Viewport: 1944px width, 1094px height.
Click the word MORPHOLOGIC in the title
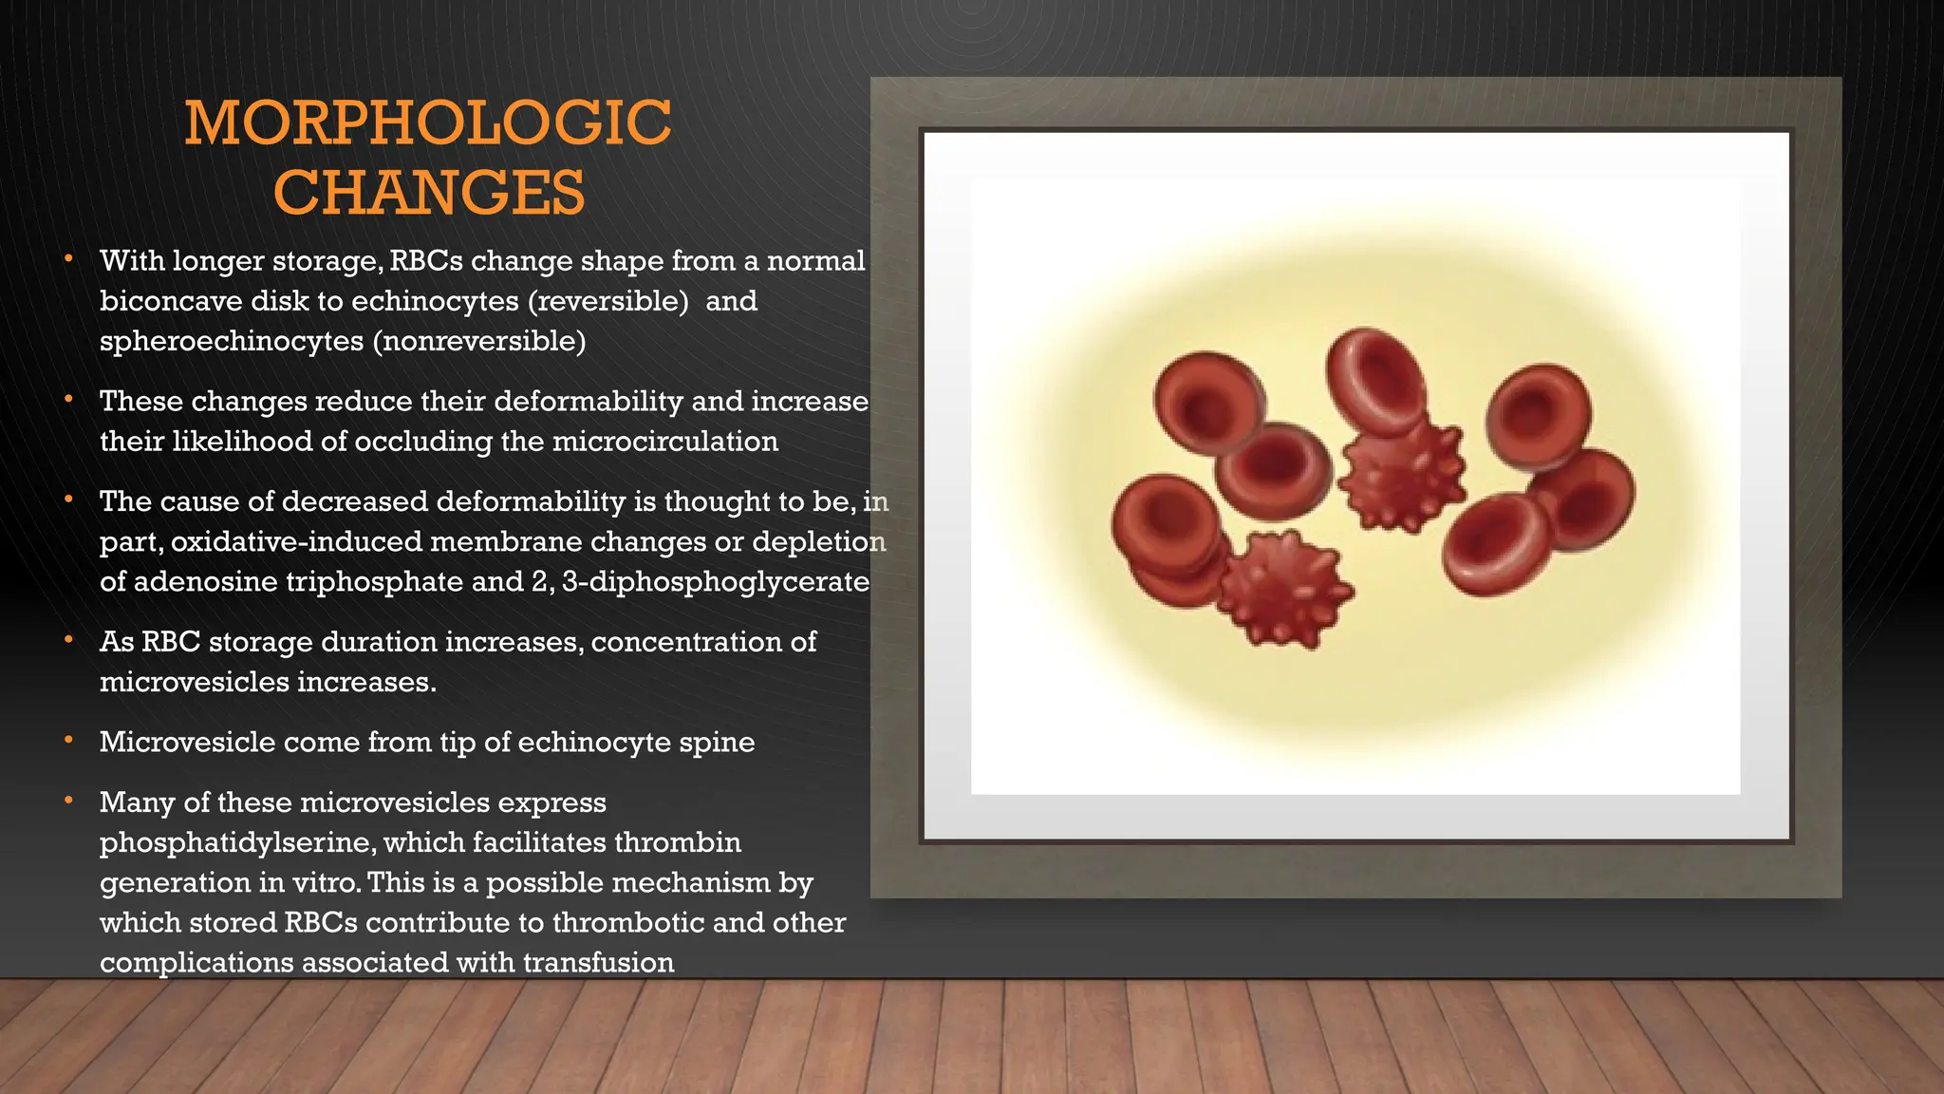point(428,123)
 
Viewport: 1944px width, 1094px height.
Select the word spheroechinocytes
point(231,341)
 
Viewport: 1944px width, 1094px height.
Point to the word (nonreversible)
point(479,341)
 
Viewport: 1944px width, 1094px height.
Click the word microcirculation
point(664,442)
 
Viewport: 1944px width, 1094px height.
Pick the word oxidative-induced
point(295,541)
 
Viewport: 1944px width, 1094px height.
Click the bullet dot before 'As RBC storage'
point(69,641)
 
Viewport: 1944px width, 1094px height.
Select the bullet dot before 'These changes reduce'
point(69,401)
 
